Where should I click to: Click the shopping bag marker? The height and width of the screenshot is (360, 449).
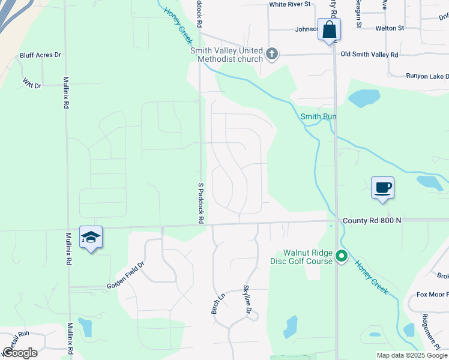(x=330, y=29)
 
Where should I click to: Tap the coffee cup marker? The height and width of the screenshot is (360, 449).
(x=382, y=188)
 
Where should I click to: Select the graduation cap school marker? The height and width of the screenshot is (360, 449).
(x=91, y=238)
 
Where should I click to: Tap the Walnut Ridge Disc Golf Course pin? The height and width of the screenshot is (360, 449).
(x=342, y=257)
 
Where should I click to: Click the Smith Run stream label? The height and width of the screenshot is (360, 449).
(x=319, y=116)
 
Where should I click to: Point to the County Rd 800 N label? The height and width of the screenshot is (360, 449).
(x=372, y=221)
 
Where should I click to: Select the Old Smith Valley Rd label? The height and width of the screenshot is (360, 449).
(x=369, y=55)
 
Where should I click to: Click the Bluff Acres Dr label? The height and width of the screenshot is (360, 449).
(x=41, y=55)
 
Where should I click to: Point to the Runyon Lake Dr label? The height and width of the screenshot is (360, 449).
(x=427, y=76)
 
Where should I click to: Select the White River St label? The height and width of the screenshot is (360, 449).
(x=289, y=4)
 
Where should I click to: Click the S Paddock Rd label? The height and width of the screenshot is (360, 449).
(x=199, y=204)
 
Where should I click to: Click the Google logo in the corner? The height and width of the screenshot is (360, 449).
(x=20, y=353)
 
